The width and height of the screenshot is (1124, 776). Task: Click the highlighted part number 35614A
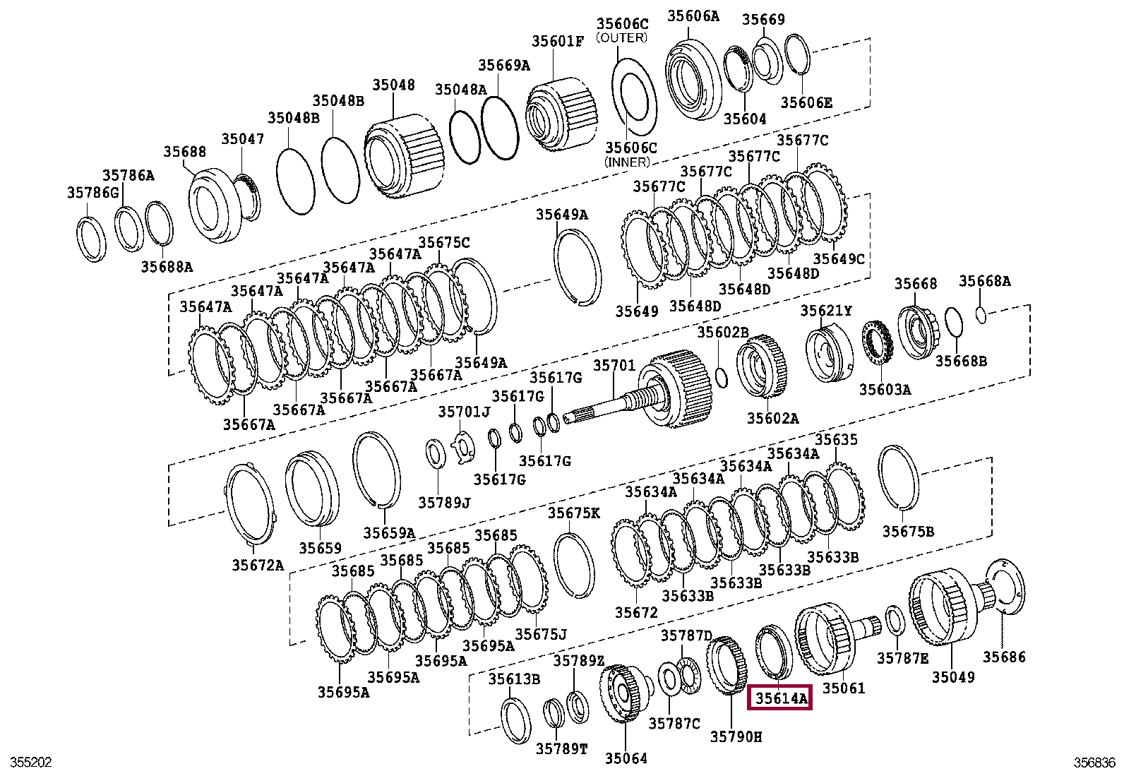[x=780, y=698]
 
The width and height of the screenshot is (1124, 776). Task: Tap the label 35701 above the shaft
[x=614, y=366]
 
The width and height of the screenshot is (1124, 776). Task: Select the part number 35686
[x=1004, y=657]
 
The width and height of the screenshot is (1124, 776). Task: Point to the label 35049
[x=952, y=677]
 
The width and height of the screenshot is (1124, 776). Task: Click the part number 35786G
[x=93, y=192]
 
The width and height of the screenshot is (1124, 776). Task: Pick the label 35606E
[x=806, y=102]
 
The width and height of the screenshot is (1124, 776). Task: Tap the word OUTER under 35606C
[x=621, y=37]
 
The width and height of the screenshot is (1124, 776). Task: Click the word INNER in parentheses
[x=627, y=162]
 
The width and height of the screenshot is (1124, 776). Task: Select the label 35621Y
[x=825, y=311]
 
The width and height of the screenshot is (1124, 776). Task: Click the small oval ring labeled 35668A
[x=981, y=313]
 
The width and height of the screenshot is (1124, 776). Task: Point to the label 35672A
[x=257, y=565]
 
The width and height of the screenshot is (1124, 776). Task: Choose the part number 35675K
[x=573, y=513]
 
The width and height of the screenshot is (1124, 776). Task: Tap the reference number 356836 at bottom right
[x=1094, y=763]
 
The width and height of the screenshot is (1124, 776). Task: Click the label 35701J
[x=463, y=412]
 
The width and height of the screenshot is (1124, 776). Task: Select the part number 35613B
[x=514, y=679]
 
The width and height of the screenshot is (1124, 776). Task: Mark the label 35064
[x=626, y=758]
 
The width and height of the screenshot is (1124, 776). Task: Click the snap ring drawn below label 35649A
[x=578, y=269]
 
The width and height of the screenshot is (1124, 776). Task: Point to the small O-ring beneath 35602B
[x=721, y=377]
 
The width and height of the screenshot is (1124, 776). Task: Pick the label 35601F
[x=558, y=42]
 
